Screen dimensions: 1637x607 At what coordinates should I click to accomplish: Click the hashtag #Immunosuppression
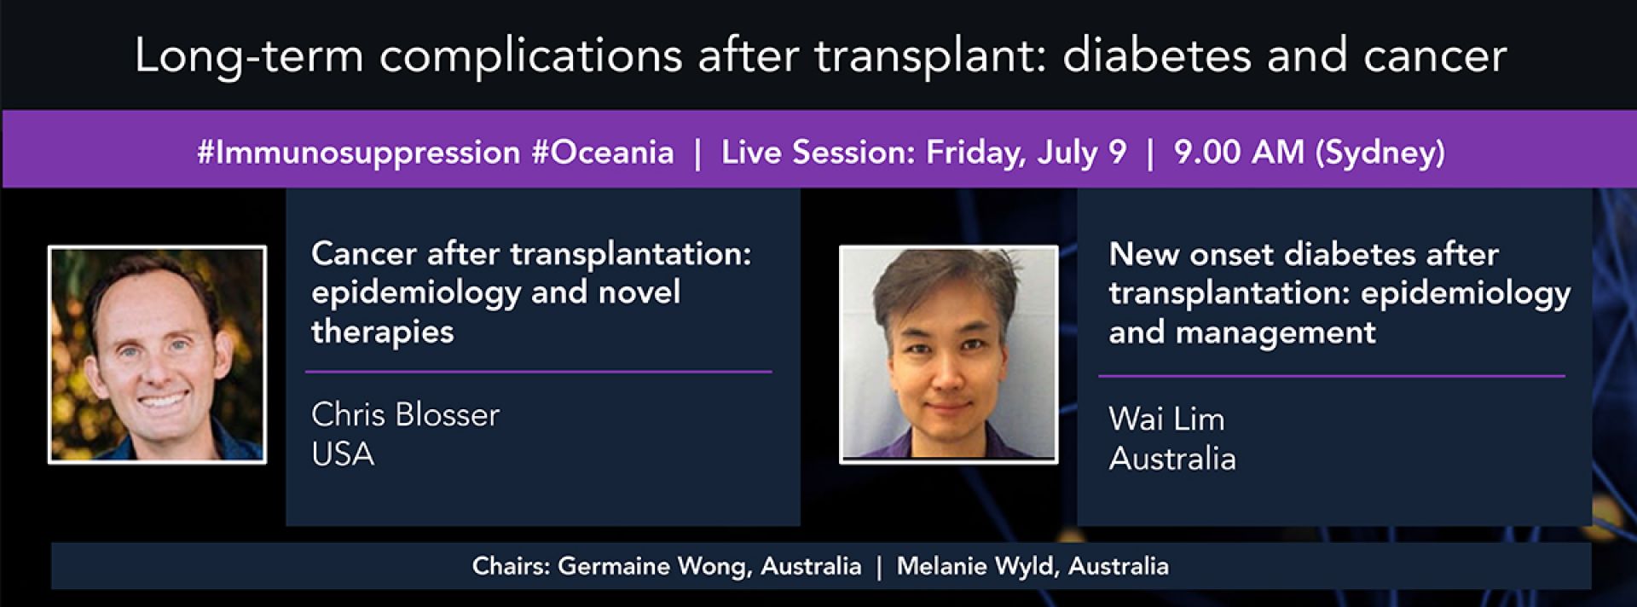pyautogui.click(x=358, y=153)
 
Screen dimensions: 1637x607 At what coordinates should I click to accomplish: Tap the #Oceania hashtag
pyautogui.click(x=602, y=153)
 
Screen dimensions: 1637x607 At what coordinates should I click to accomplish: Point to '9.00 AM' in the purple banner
pyautogui.click(x=1239, y=153)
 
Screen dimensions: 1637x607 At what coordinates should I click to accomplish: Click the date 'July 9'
pyautogui.click(x=1082, y=153)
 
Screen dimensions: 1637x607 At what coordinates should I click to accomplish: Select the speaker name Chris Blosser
pyautogui.click(x=405, y=415)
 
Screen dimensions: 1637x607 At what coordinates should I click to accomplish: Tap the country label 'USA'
pyautogui.click(x=343, y=454)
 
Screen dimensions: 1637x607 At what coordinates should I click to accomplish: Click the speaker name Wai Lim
pyautogui.click(x=1166, y=419)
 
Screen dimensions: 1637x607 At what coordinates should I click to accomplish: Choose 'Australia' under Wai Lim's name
pyautogui.click(x=1172, y=459)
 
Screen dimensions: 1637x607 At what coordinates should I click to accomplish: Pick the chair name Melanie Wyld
pyautogui.click(x=978, y=566)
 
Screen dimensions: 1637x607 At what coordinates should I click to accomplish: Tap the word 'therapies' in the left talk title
pyautogui.click(x=382, y=332)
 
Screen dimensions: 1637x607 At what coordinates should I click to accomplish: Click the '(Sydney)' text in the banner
pyautogui.click(x=1380, y=153)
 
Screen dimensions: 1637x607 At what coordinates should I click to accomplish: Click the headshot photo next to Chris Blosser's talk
pyautogui.click(x=157, y=355)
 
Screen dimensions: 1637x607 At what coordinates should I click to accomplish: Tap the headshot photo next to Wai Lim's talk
pyautogui.click(x=948, y=355)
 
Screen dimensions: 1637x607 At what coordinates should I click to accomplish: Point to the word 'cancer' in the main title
pyautogui.click(x=1435, y=56)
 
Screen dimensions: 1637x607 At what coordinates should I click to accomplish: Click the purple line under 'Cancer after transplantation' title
pyautogui.click(x=538, y=372)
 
